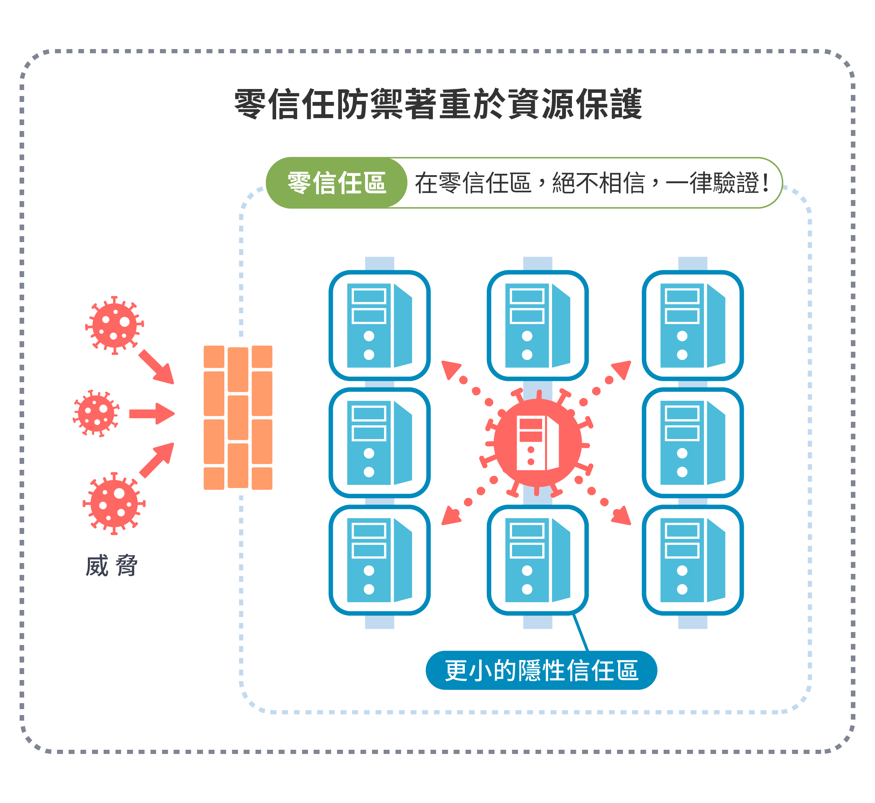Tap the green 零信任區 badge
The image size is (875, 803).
[x=336, y=183]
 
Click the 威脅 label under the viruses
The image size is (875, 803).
[x=112, y=566]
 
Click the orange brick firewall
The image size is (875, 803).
[x=238, y=417]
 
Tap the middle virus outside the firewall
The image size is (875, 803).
[x=96, y=413]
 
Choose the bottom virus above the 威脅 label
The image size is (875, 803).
[x=114, y=503]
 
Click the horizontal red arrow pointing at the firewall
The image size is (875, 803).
[x=152, y=413]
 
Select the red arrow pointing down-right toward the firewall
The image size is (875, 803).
[x=157, y=367]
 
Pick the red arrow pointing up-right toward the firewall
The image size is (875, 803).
[x=157, y=460]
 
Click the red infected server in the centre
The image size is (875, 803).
[x=537, y=443]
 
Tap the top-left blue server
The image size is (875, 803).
[x=379, y=325]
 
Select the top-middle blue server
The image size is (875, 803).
[x=537, y=325]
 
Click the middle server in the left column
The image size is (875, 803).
[x=379, y=442]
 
